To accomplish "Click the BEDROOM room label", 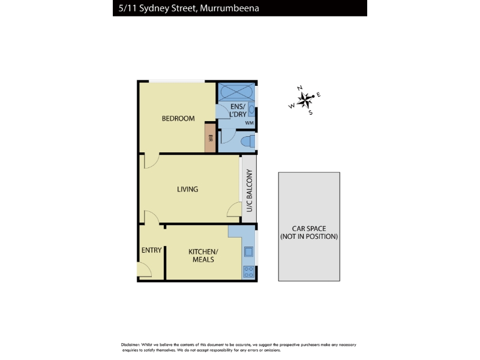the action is tap(178, 118).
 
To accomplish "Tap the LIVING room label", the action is tap(187, 189).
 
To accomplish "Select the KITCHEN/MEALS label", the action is tap(203, 256).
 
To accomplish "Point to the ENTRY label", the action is tap(152, 250).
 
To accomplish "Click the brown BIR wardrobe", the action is tap(211, 137).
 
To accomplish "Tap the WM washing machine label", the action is tap(249, 123).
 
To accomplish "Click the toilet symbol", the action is tap(248, 142).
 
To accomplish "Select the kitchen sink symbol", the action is tap(248, 251).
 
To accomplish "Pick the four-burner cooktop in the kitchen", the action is tap(248, 272).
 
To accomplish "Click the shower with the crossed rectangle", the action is tap(236, 91).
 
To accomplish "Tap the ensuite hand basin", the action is tap(251, 109).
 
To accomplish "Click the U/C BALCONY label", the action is tap(249, 190).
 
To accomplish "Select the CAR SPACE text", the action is tap(309, 229).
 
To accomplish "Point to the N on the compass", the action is tap(299, 88).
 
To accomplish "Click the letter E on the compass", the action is tap(319, 95).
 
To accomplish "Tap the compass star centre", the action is tap(304, 100).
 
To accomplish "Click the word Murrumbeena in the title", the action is tap(229, 8).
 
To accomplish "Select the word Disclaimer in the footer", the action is tap(130, 344).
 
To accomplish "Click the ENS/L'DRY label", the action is tap(238, 110).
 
